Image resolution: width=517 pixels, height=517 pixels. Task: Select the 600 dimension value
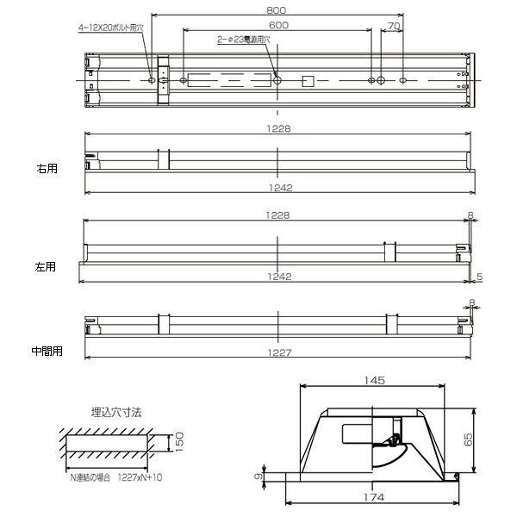click(x=277, y=26)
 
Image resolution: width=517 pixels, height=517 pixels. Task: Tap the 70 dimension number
click(x=393, y=27)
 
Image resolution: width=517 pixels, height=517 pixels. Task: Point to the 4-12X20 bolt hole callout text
click(x=111, y=27)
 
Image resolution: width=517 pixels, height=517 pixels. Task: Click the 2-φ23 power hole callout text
click(x=243, y=40)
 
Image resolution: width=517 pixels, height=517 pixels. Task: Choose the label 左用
click(x=45, y=267)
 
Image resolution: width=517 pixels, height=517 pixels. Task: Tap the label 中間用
click(x=47, y=352)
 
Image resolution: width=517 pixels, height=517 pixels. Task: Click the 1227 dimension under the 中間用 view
click(x=279, y=352)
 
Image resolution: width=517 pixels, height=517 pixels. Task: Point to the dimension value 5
click(x=479, y=276)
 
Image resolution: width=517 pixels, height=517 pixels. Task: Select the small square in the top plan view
click(x=307, y=82)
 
